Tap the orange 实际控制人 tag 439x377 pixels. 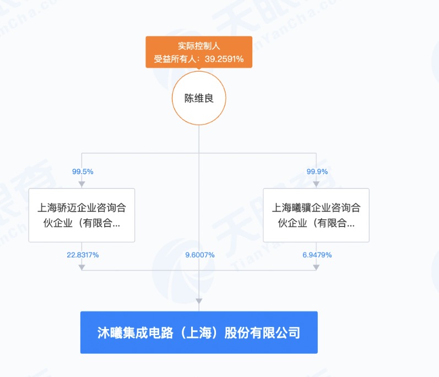pos(199,46)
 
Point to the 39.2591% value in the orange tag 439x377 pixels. pos(224,59)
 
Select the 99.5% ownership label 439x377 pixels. pos(82,171)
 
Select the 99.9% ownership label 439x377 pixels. pos(317,171)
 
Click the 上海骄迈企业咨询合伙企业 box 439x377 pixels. pos(82,215)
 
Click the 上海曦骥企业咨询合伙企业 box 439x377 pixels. pos(316,215)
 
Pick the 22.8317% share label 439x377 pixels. pos(82,255)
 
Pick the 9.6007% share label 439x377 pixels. pos(198,255)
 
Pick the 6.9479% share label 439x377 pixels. pos(316,255)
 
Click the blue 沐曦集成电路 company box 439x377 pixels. pos(199,332)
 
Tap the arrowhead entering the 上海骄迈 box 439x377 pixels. pos(82,184)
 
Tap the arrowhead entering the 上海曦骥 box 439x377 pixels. pos(316,184)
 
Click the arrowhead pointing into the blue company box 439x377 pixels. pos(199,301)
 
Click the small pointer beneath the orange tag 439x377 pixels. pos(199,70)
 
